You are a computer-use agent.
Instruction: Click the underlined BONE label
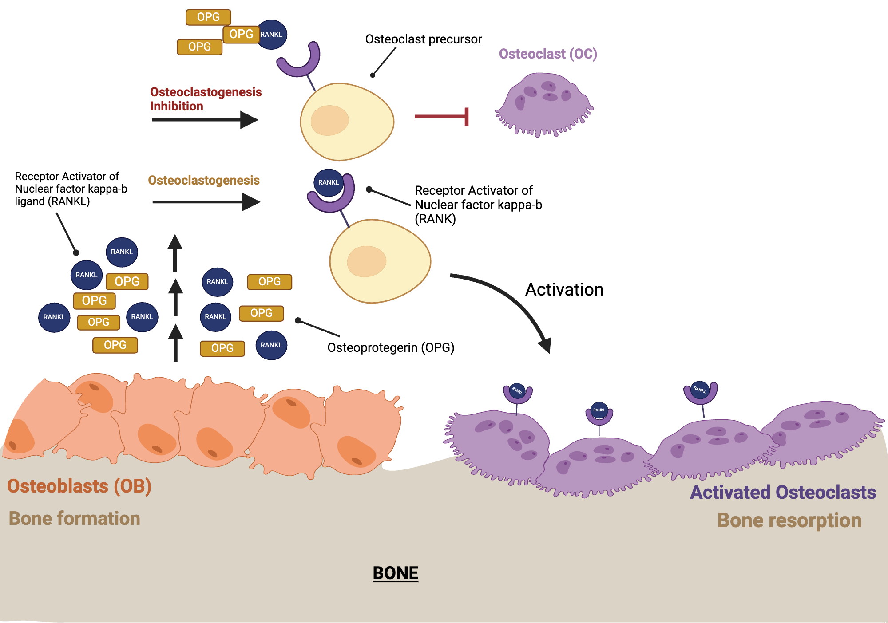[395, 573]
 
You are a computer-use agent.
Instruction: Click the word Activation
[564, 289]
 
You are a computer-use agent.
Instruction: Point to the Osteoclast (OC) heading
[547, 54]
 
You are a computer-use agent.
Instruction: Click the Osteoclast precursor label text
[423, 39]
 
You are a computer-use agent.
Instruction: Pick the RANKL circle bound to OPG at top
[272, 35]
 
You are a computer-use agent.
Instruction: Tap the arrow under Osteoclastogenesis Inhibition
[204, 120]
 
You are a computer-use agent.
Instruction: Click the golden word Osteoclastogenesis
[203, 180]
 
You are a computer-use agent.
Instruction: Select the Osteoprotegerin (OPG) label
[391, 347]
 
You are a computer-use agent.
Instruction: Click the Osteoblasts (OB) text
[79, 486]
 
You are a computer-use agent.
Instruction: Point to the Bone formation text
[74, 518]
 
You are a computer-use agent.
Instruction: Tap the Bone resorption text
[789, 520]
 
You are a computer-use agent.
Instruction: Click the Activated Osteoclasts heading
[783, 492]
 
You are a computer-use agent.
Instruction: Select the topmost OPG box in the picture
[208, 17]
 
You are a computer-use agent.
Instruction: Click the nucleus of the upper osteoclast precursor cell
[329, 120]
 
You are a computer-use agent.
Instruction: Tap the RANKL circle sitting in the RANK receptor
[328, 182]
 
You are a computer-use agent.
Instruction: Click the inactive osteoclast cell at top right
[544, 104]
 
